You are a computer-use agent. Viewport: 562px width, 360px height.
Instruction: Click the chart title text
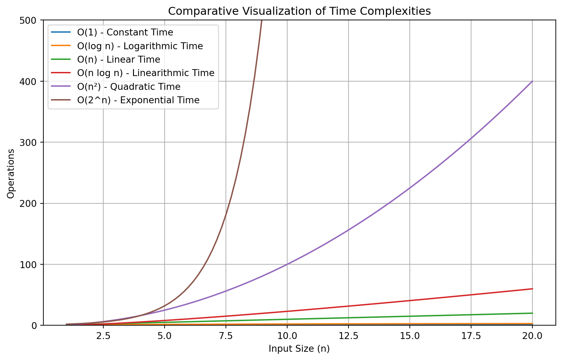(299, 11)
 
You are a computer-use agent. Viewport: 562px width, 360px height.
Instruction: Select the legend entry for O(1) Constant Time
(125, 33)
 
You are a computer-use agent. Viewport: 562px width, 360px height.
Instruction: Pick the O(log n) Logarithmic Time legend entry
(140, 46)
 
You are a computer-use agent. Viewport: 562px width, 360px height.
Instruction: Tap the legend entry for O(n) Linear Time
(118, 60)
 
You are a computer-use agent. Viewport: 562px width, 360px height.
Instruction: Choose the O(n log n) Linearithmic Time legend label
(146, 73)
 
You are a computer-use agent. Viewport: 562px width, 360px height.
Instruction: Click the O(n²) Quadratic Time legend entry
(128, 87)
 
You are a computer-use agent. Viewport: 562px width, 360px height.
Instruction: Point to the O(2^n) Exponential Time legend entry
(138, 100)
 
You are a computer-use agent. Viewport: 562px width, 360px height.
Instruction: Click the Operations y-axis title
(11, 173)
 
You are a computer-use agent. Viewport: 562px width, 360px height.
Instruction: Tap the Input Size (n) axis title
(299, 349)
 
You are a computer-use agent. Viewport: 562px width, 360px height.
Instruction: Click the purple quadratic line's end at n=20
(532, 81)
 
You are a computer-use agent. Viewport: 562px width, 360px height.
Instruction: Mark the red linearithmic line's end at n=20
(532, 289)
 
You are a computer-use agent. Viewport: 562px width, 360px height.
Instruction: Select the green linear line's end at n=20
(532, 313)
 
